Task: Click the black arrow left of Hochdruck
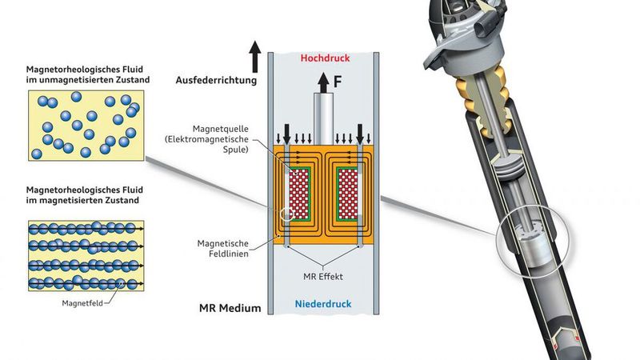tap(254, 57)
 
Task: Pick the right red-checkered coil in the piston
tap(350, 194)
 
